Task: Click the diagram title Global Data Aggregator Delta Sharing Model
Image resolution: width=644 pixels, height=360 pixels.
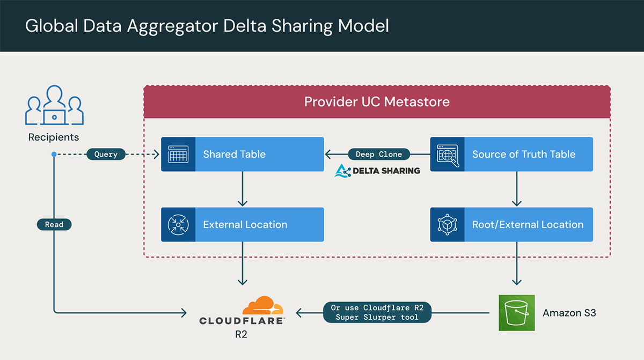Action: point(207,26)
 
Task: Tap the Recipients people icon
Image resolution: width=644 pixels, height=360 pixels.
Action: point(54,105)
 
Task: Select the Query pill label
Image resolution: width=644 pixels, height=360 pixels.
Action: point(106,155)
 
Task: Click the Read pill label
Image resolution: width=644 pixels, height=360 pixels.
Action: point(54,224)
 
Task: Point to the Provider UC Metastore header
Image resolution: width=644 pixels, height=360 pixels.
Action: point(377,101)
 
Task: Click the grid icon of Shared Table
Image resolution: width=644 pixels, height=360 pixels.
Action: point(178,155)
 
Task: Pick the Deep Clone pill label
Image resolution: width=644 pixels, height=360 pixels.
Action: point(378,155)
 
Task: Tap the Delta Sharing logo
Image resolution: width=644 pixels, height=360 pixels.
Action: point(377,171)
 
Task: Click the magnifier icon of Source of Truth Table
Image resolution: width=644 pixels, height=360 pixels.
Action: point(447,155)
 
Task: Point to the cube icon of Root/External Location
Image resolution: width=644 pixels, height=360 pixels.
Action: point(447,224)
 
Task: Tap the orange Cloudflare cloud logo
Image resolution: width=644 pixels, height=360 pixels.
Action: point(262,306)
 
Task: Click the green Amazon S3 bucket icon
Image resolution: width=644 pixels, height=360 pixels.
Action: point(516,312)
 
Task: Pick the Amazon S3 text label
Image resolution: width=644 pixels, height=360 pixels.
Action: point(569,312)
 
